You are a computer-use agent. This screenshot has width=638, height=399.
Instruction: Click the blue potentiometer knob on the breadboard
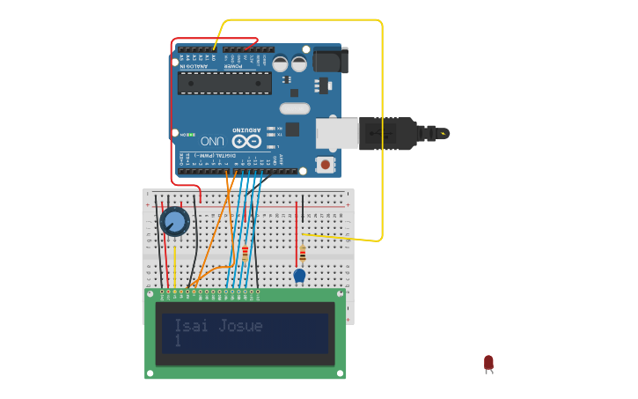[x=174, y=221]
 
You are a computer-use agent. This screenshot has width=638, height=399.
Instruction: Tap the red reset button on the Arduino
[x=326, y=164]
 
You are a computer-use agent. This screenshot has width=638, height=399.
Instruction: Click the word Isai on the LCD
[x=194, y=325]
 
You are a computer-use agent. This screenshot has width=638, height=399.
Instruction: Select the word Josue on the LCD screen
[x=241, y=325]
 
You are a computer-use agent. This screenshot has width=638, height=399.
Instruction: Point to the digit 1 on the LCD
[x=178, y=341]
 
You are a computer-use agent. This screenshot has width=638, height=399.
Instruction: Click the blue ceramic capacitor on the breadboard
[x=299, y=275]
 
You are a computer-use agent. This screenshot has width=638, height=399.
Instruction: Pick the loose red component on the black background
[x=488, y=362]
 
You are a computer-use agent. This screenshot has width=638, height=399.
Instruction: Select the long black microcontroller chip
[x=224, y=83]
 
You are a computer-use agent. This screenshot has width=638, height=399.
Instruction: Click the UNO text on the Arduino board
[x=212, y=140]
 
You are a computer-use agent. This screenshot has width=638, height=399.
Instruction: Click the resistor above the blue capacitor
[x=303, y=254]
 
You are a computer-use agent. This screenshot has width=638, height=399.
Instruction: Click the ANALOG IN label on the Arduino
[x=194, y=65]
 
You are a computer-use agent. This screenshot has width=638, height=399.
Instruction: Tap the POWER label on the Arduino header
[x=232, y=65]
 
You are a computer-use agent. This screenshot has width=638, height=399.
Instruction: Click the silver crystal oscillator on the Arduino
[x=296, y=108]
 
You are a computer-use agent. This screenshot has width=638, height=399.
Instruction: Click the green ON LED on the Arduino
[x=188, y=134]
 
